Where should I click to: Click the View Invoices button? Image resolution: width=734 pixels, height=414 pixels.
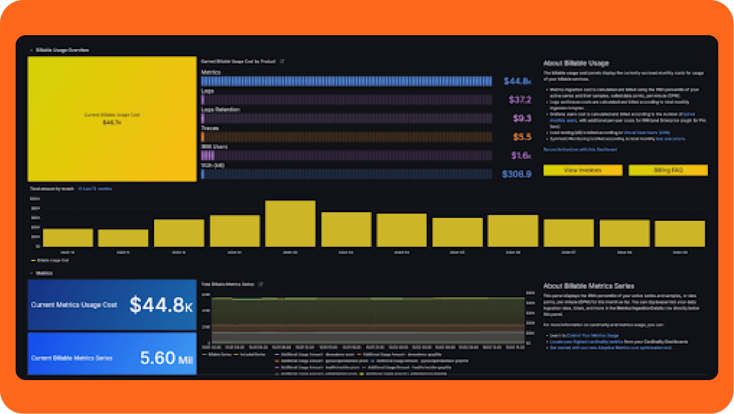(583, 170)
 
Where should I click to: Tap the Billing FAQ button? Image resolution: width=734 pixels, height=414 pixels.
(668, 170)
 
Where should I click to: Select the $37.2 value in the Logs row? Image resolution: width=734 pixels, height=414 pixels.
(520, 100)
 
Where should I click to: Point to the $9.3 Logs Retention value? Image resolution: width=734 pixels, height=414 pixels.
(522, 119)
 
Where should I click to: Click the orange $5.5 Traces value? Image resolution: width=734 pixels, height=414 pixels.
(522, 137)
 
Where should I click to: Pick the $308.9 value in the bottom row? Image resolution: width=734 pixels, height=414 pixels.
(517, 174)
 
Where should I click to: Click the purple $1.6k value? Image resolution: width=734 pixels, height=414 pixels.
(521, 156)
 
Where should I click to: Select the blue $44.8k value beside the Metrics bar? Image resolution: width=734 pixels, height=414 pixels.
(518, 82)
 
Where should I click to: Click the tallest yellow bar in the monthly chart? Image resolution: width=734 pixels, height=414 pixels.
(290, 223)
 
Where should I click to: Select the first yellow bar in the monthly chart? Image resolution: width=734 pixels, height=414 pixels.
(68, 237)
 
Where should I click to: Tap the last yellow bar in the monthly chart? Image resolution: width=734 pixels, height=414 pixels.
(680, 233)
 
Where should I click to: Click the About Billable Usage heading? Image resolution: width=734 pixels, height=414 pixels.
(576, 63)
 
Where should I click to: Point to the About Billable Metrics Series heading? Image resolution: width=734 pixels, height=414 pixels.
(589, 286)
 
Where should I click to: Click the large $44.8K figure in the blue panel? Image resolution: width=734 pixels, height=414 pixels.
(161, 305)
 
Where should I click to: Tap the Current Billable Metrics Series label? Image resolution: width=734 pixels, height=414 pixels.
(72, 358)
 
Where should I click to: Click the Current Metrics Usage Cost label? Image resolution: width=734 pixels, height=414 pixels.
(74, 305)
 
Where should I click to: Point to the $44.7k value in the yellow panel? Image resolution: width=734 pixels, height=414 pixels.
(112, 122)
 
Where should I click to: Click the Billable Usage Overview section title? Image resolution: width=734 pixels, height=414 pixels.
(63, 50)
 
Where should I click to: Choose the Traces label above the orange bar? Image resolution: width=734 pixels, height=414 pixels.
(210, 129)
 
